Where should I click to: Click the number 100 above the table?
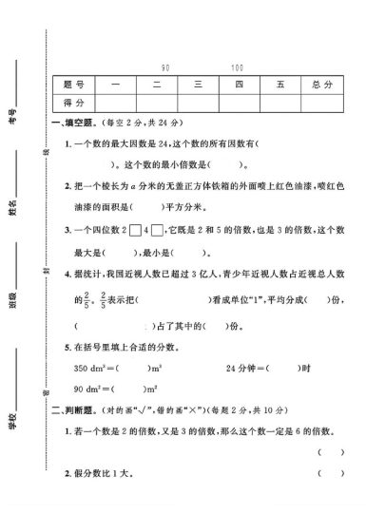(x=237, y=68)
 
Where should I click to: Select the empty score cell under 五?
(x=279, y=103)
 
